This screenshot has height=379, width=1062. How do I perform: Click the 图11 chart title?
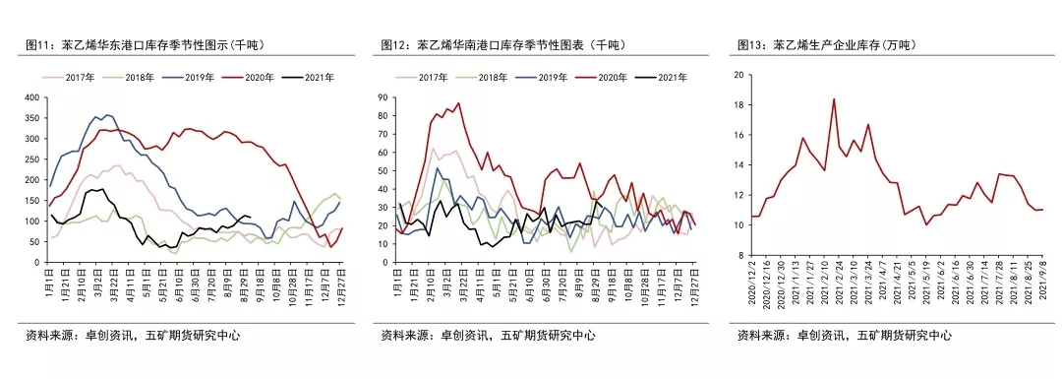click(147, 45)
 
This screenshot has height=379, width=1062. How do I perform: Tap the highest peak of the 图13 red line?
click(834, 98)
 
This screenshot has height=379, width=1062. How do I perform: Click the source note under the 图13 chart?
click(844, 335)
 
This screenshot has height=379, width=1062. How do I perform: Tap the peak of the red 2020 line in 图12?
click(457, 102)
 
